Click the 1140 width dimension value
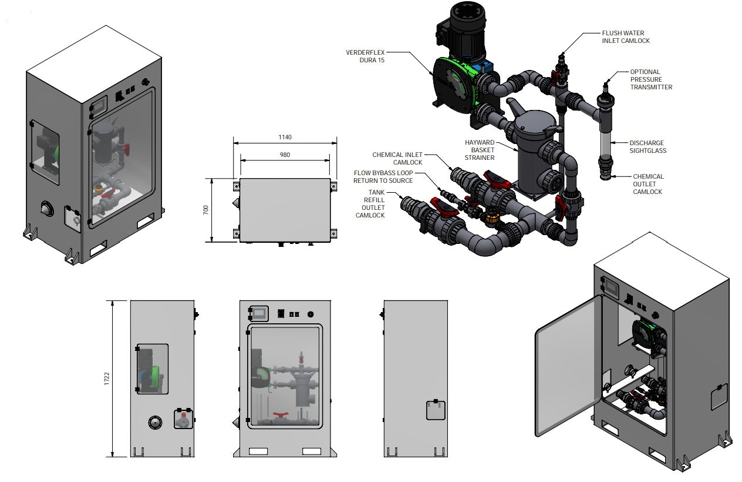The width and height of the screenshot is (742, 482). [285, 137]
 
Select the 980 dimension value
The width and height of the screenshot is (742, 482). [285, 155]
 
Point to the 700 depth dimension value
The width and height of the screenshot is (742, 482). [206, 210]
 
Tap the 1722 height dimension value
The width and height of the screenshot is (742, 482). [106, 379]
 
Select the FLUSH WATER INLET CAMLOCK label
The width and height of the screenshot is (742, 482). [626, 37]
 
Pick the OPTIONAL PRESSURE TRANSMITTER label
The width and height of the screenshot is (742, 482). [651, 79]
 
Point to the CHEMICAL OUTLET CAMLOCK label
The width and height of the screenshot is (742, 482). [648, 184]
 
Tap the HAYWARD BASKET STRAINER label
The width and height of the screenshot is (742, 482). [480, 150]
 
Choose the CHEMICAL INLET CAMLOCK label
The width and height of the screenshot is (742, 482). [397, 159]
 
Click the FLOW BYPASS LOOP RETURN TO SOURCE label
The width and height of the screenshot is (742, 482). [383, 176]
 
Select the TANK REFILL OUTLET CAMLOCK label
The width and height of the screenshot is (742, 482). [370, 203]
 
